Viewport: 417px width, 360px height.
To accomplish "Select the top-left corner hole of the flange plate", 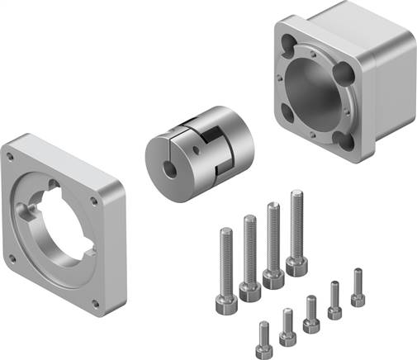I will point(12,154).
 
